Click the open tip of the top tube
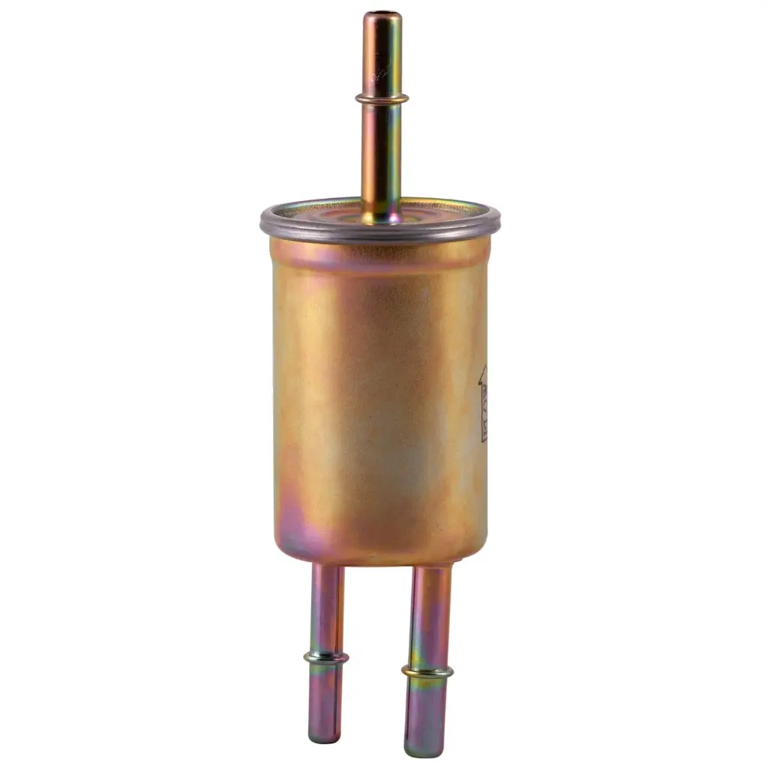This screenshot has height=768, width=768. (382, 15)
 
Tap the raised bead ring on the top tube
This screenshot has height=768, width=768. (382, 98)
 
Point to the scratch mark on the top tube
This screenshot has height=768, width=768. (380, 75)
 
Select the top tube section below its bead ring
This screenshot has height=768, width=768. (381, 157)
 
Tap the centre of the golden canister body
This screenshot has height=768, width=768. (379, 397)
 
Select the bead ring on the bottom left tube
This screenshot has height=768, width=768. (325, 657)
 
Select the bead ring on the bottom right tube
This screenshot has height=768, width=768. (427, 670)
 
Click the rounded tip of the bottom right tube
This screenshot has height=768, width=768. (424, 750)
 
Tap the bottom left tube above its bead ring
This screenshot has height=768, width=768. (327, 607)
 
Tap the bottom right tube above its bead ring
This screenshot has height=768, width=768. (430, 615)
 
